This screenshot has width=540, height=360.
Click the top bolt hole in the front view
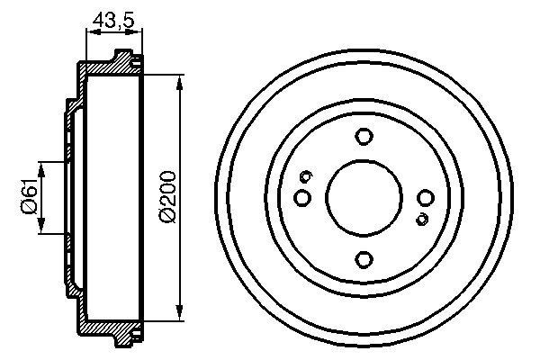pos(364,137)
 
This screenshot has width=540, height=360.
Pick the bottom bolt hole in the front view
pos(364,259)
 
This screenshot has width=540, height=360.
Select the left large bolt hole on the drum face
pos(302,197)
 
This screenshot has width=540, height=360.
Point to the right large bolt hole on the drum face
pos(426,198)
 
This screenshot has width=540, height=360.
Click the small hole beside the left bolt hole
pos(306,176)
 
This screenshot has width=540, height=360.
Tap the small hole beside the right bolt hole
pos(421,219)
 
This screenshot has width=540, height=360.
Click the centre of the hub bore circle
pos(364,198)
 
